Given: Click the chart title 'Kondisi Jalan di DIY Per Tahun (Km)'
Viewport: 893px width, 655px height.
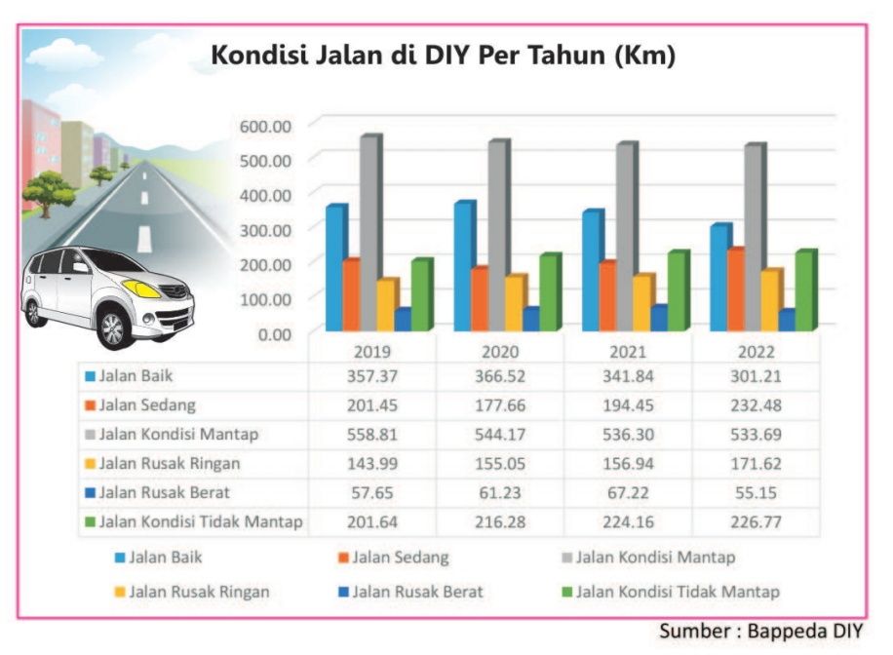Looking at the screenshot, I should click(x=444, y=57).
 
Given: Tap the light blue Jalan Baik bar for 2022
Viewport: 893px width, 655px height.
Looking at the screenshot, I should click(x=718, y=277).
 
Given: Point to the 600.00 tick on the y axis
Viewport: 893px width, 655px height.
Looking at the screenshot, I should click(x=264, y=125).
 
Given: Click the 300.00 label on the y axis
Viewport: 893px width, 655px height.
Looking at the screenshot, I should click(x=264, y=229).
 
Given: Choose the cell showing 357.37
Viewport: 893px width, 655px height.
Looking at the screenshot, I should click(x=371, y=375).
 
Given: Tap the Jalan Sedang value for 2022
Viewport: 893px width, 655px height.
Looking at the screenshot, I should click(x=756, y=405).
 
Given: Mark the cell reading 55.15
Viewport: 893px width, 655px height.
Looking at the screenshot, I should click(x=756, y=492).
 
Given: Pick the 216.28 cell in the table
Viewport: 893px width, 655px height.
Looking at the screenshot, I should click(x=499, y=521).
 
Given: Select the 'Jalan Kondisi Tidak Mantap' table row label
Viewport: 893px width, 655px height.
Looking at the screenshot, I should click(x=200, y=521).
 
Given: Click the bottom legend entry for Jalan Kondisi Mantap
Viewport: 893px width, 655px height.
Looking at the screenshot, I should click(x=653, y=558).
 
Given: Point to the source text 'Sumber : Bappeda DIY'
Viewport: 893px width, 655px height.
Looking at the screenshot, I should click(x=760, y=631).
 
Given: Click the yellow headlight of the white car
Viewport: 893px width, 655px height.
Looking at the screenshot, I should click(x=142, y=289).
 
